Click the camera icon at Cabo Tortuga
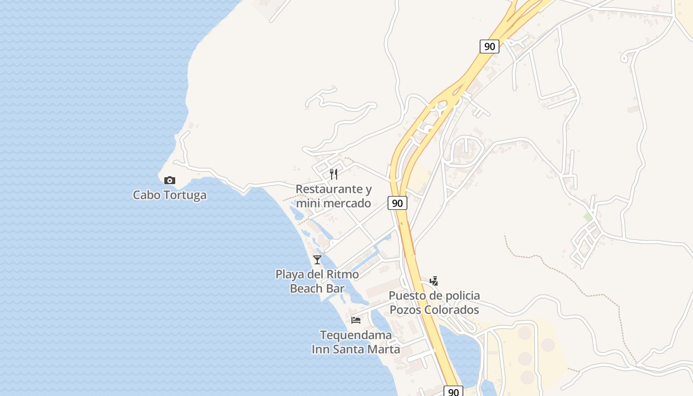click(x=170, y=180)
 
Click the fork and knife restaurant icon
click(x=334, y=174)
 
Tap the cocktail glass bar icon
click(x=317, y=259)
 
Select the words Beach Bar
click(x=317, y=288)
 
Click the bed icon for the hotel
click(x=356, y=320)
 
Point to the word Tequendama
click(x=356, y=335)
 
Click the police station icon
click(x=434, y=281)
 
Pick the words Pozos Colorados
click(x=434, y=310)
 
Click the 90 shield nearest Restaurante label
click(x=397, y=202)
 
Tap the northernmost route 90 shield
click(x=489, y=47)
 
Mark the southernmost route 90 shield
click(x=453, y=392)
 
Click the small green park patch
click(x=588, y=217)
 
